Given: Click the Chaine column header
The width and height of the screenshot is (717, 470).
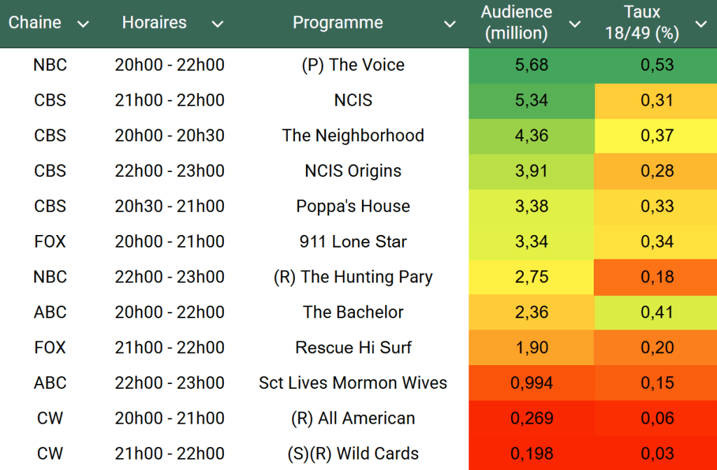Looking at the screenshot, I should pos(35,23).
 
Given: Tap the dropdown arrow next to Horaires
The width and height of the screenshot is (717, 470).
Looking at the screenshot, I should pos(218,24).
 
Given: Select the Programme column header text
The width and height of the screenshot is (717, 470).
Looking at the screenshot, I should pos(337,23).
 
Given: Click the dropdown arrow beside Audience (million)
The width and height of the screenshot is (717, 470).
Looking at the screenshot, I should pos(575,24).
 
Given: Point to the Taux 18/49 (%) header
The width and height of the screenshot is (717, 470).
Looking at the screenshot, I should pos(643,22).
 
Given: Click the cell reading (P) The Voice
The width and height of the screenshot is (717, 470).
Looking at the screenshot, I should pos(353,65).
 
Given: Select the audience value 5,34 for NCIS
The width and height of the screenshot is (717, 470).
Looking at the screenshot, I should pos(531,101).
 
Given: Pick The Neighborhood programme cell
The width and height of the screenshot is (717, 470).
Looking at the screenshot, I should pos(353,136).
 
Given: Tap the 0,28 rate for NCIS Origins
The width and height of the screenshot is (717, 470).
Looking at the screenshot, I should pos(657,171).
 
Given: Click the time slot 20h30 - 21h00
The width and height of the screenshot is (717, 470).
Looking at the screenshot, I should pos(169,206).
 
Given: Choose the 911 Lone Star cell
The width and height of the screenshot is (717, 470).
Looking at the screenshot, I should pos(353,242).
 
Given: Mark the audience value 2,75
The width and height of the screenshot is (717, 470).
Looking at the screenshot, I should pos(531,277).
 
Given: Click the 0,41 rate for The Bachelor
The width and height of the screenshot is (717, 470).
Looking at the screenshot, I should pos(657,313).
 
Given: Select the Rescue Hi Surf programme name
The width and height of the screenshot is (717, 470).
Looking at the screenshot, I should pos(353,348).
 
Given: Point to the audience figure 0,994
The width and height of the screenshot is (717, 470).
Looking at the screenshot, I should pos(531,383).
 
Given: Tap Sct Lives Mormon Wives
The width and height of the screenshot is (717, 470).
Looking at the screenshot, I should pos(353,383).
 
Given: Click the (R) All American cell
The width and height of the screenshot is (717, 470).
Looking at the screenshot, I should pos(353,418).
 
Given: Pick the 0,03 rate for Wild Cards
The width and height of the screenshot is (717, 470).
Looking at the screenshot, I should pos(657,454).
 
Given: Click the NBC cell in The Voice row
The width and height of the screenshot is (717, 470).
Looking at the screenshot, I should pos(50,65).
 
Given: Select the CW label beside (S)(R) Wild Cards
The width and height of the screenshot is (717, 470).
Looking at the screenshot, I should pos(50,454).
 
